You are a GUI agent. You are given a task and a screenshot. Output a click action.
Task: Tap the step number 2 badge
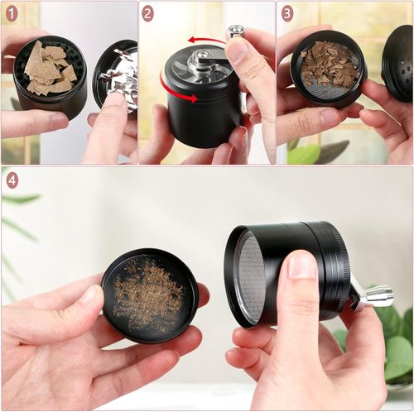pos(147,13)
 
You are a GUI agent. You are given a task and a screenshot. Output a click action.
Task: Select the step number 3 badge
pos(287,13)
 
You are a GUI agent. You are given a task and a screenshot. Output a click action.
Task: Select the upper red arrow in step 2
pos(206,39)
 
